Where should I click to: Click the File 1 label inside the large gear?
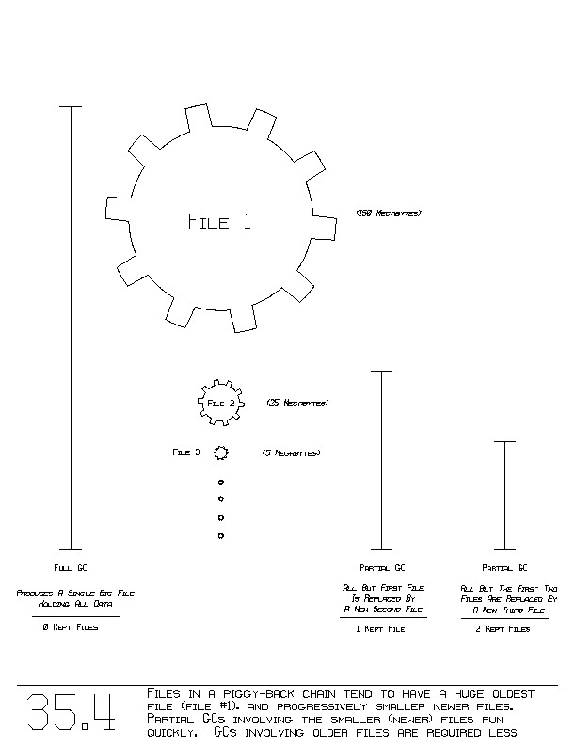click(219, 222)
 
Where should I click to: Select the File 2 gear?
click(221, 403)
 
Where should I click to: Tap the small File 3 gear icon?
click(221, 452)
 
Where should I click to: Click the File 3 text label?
click(186, 452)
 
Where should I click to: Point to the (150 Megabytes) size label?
click(389, 214)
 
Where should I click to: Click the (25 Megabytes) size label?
click(297, 403)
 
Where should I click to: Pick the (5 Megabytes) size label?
click(291, 453)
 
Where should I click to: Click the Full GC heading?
click(71, 568)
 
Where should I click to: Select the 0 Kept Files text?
click(71, 627)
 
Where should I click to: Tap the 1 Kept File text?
click(381, 629)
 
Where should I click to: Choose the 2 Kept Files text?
click(505, 629)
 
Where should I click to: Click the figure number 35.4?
click(71, 712)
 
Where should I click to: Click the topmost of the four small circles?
click(221, 483)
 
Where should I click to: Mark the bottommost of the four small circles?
click(221, 536)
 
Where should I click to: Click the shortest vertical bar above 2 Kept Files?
click(505, 495)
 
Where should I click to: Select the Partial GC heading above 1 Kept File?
click(381, 568)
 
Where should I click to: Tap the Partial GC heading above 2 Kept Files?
click(505, 568)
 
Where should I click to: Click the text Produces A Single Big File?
click(75, 594)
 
